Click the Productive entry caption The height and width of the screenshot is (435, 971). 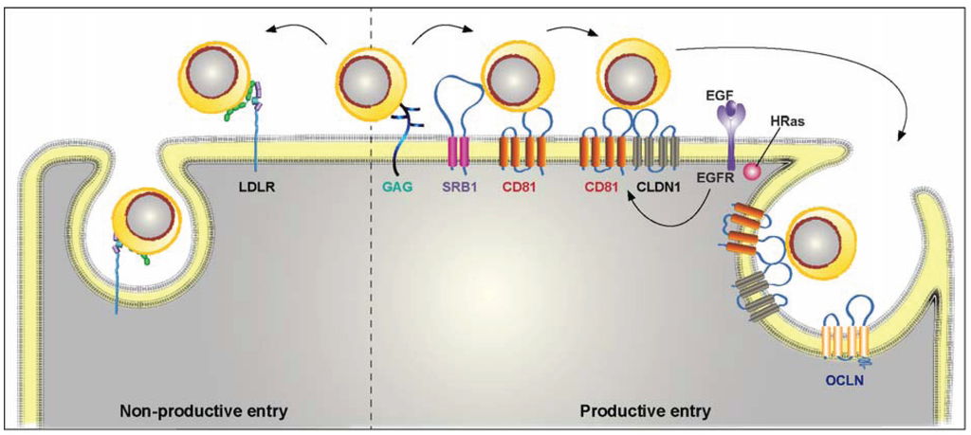644,412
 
